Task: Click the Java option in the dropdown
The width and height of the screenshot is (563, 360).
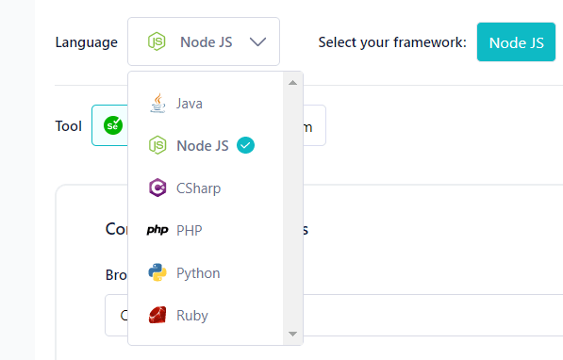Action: click(x=189, y=104)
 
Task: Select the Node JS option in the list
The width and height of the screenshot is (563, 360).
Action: click(x=202, y=146)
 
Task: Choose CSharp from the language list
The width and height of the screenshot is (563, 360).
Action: click(x=198, y=188)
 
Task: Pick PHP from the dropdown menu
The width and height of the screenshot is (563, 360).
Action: click(x=189, y=231)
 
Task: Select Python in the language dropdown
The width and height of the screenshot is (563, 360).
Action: click(x=197, y=273)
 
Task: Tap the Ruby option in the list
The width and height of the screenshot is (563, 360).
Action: click(x=191, y=316)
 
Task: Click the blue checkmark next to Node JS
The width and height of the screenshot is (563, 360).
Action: click(x=245, y=145)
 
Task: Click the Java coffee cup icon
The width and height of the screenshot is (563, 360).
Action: click(x=157, y=103)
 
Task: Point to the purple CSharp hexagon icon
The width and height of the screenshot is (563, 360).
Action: click(x=157, y=188)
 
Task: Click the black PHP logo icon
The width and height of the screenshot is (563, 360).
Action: click(x=157, y=231)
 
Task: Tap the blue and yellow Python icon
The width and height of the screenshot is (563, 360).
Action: click(x=157, y=273)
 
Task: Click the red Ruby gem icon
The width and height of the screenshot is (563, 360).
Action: click(x=157, y=316)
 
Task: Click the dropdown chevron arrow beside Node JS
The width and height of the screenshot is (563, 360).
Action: click(x=258, y=42)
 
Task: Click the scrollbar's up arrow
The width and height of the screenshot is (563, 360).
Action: click(x=292, y=82)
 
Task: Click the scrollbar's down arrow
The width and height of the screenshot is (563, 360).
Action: click(x=292, y=334)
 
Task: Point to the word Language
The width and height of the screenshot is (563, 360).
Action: click(x=86, y=42)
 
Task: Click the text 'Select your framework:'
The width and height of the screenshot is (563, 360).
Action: click(x=392, y=42)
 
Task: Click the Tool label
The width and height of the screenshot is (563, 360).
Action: click(x=69, y=125)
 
